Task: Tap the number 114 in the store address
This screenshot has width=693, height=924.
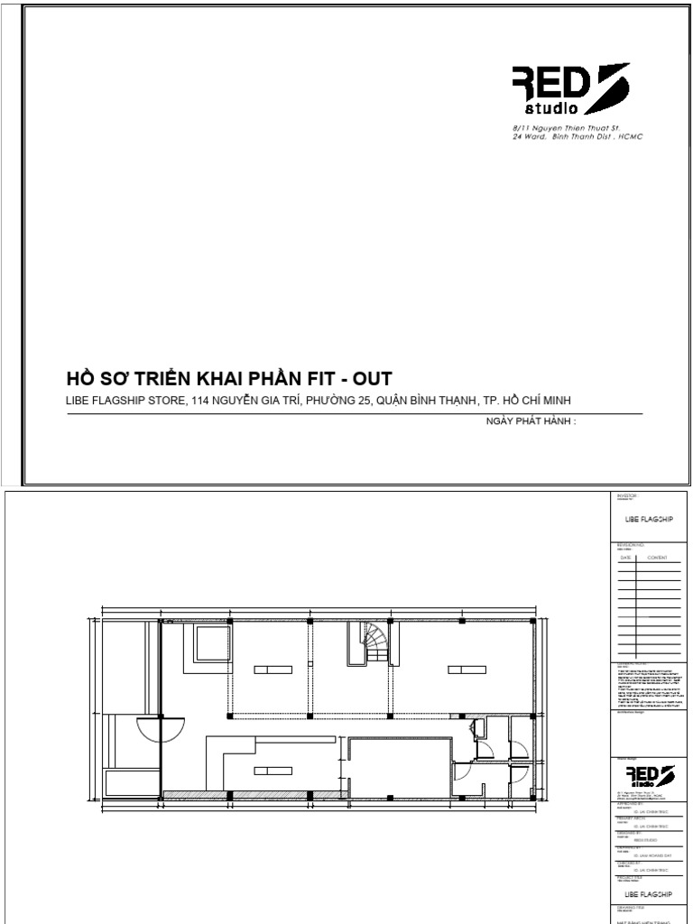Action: (x=200, y=401)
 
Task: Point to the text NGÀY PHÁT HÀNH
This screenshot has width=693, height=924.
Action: (x=523, y=420)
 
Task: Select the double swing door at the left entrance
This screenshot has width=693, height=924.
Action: (x=161, y=726)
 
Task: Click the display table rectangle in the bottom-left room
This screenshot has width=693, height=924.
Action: (x=273, y=770)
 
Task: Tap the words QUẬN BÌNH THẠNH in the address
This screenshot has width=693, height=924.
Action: (x=430, y=401)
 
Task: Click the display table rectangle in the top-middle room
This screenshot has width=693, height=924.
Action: (x=273, y=670)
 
